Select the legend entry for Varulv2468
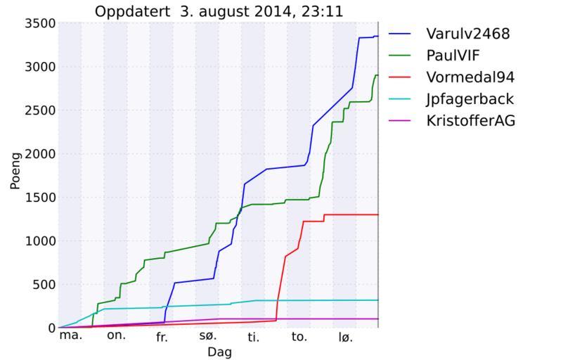(x=467, y=34)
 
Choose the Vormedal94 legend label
(x=470, y=77)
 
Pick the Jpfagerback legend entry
(x=470, y=99)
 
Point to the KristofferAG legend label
(x=470, y=121)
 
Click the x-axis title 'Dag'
(x=219, y=352)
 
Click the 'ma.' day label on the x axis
(x=70, y=336)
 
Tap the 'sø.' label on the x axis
(x=207, y=336)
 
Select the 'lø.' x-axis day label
(x=345, y=337)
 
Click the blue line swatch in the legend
(x=401, y=34)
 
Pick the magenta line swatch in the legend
(x=401, y=121)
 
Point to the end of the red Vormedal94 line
(x=377, y=214)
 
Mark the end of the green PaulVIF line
(x=377, y=75)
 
